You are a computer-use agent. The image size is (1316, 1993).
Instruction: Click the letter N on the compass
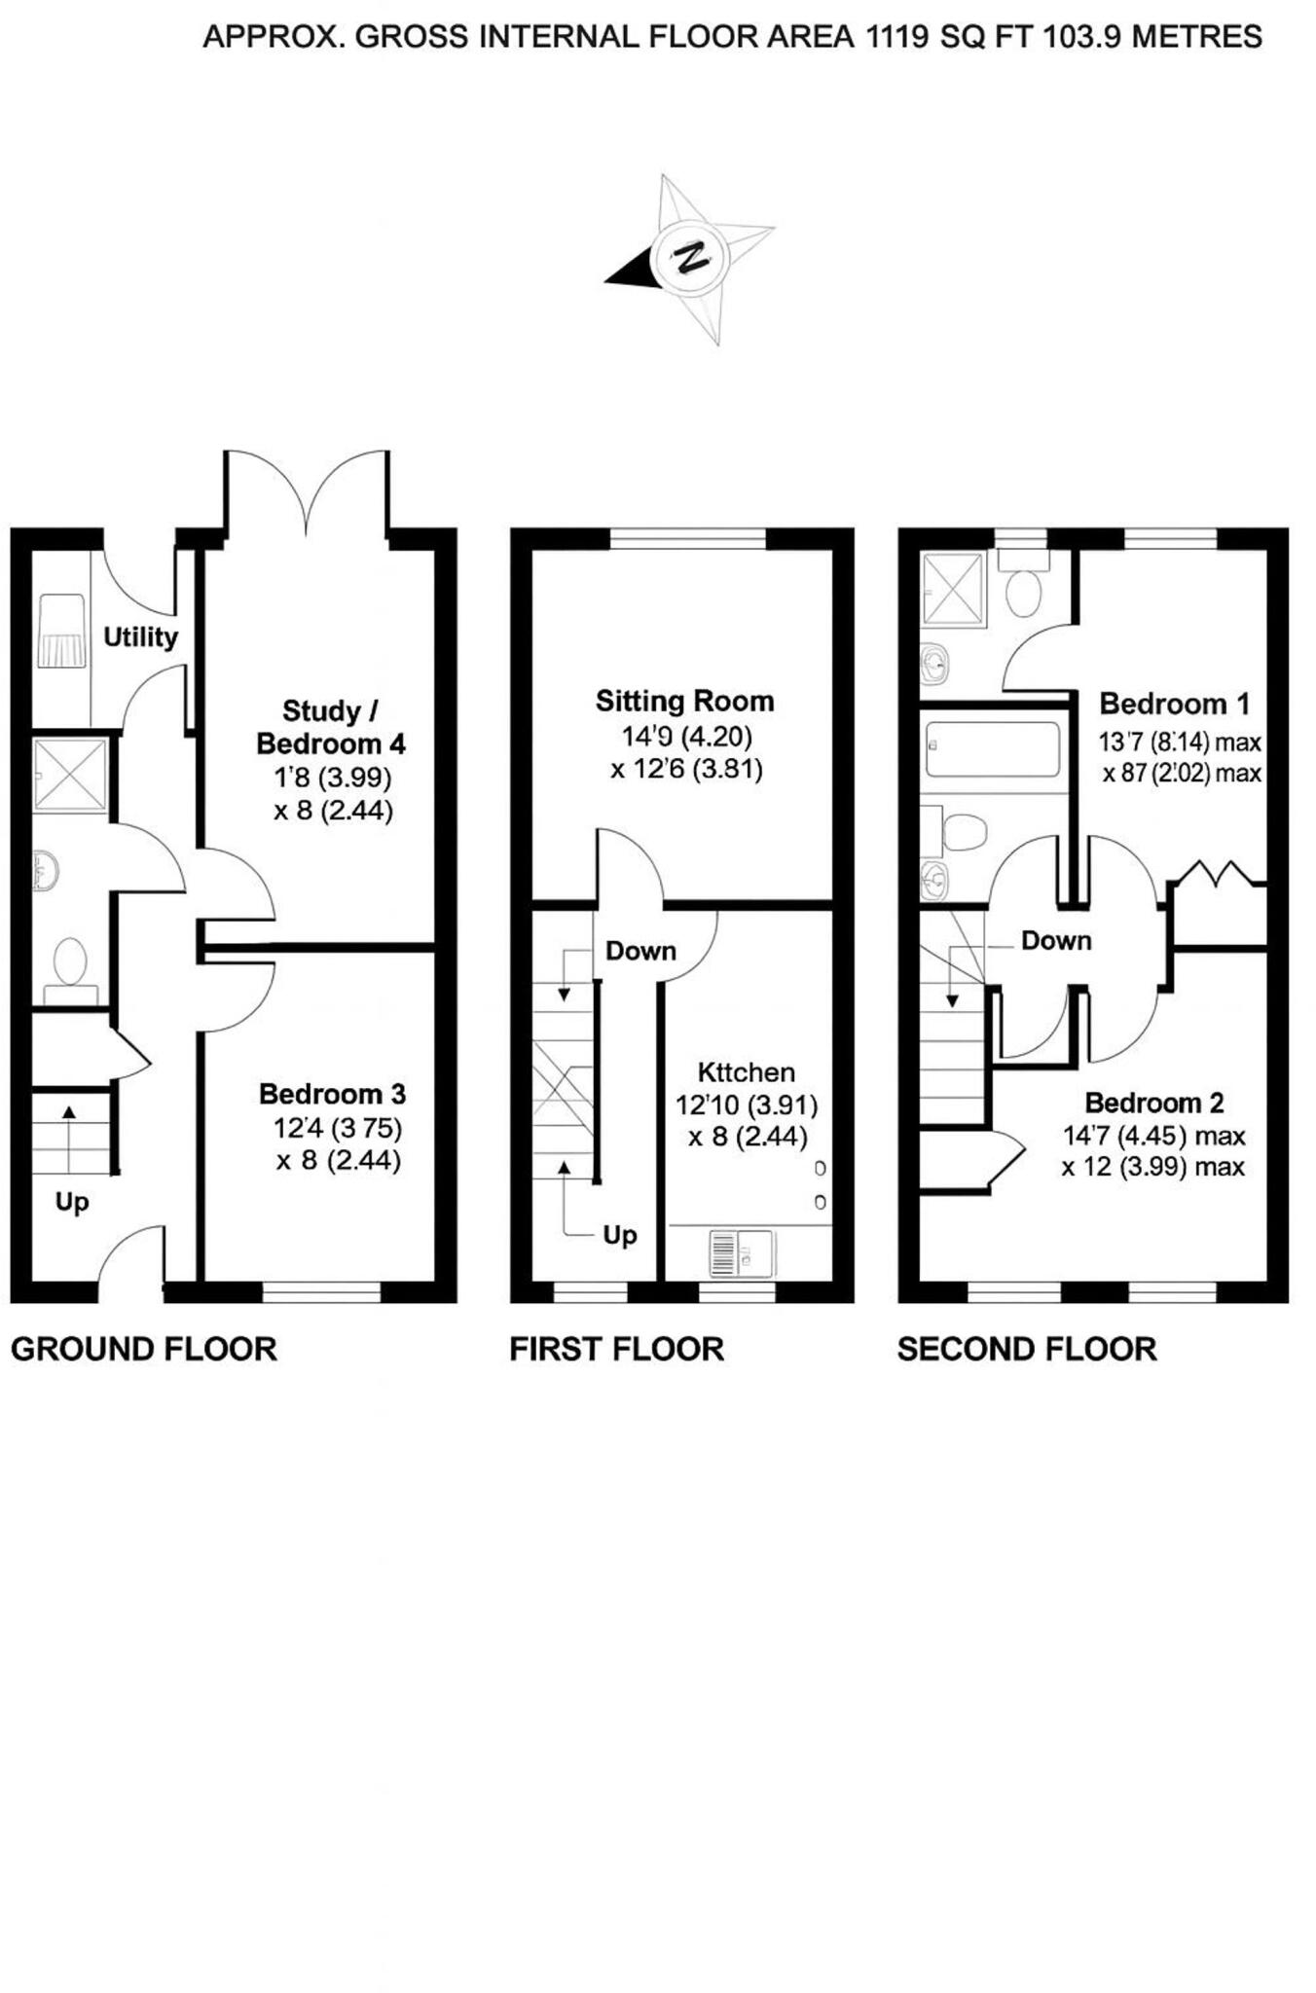(x=692, y=258)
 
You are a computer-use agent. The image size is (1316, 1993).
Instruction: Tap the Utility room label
(x=140, y=637)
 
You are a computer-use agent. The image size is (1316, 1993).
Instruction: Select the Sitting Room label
(x=684, y=702)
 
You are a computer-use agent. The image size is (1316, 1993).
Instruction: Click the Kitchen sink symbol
(x=741, y=1252)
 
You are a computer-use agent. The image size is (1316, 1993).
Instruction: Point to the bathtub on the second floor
(x=992, y=748)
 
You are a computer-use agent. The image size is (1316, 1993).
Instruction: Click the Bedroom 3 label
(x=332, y=1094)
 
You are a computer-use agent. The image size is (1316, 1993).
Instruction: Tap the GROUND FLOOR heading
(x=144, y=1350)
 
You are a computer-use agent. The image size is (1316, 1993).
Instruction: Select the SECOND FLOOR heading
(x=1026, y=1350)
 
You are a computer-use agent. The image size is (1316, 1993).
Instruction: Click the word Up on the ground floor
(x=72, y=1203)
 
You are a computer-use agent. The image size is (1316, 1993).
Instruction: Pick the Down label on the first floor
(x=640, y=951)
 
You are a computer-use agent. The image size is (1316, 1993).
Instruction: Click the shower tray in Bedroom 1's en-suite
(x=954, y=588)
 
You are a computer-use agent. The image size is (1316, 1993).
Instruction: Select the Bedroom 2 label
(x=1153, y=1103)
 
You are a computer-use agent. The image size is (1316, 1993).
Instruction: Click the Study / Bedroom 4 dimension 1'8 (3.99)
(x=332, y=778)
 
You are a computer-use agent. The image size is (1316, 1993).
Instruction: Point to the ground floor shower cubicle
(x=69, y=775)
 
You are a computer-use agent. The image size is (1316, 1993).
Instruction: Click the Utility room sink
(x=60, y=633)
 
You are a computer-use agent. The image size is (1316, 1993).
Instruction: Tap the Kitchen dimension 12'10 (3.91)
(x=747, y=1105)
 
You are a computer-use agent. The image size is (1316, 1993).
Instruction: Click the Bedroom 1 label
(x=1174, y=704)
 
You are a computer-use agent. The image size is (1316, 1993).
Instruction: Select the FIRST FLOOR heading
(x=616, y=1350)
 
